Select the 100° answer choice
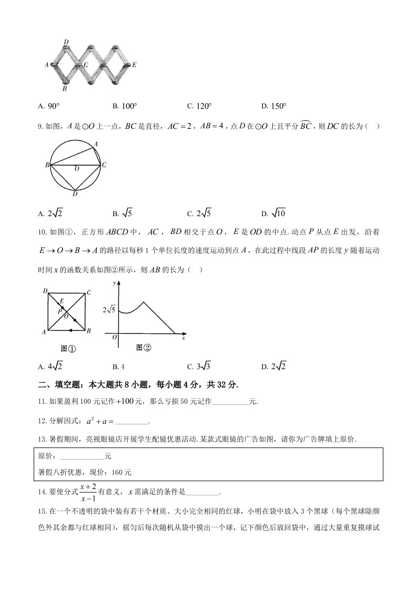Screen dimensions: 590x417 point(129,106)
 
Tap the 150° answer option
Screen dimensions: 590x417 point(278,106)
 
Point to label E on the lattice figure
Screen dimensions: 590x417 point(135,65)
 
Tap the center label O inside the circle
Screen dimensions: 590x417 point(76,169)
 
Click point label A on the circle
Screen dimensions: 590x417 point(95,144)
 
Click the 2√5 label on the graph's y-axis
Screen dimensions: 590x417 point(109,309)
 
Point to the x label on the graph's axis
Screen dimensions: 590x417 point(183,338)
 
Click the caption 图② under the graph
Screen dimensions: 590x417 point(144,347)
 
